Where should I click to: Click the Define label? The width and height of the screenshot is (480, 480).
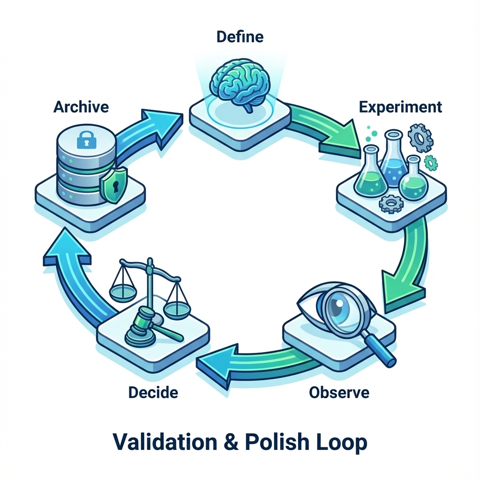[240, 37]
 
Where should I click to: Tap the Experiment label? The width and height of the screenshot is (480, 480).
[400, 107]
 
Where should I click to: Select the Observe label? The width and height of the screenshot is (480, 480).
[339, 392]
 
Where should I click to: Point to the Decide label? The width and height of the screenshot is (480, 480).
[153, 392]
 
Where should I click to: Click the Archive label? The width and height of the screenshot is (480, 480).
[81, 107]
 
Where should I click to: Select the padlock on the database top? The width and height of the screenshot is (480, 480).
[86, 140]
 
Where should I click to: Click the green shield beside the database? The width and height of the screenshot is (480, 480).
[114, 186]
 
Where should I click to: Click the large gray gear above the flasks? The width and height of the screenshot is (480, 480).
[420, 138]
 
